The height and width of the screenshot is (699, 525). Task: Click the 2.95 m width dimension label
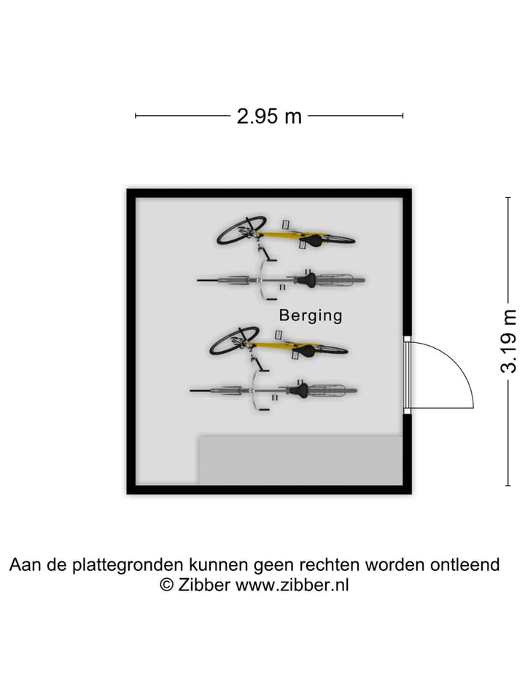tap(269, 116)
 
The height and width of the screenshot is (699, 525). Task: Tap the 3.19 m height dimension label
tap(508, 341)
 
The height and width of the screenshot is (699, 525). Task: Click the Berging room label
tap(311, 315)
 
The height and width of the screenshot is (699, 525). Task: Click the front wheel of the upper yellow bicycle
tap(241, 230)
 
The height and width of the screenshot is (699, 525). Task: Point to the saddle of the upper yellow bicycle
tap(313, 241)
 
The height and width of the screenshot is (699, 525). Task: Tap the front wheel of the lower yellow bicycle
tap(234, 341)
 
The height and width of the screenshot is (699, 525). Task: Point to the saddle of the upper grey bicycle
tap(307, 280)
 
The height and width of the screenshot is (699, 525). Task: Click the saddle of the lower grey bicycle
tap(299, 390)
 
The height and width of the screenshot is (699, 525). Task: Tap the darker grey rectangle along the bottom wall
tap(300, 460)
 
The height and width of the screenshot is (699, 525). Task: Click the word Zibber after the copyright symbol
tap(204, 585)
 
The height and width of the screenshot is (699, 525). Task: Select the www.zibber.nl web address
tap(292, 585)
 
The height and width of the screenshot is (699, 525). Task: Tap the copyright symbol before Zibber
tap(167, 585)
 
